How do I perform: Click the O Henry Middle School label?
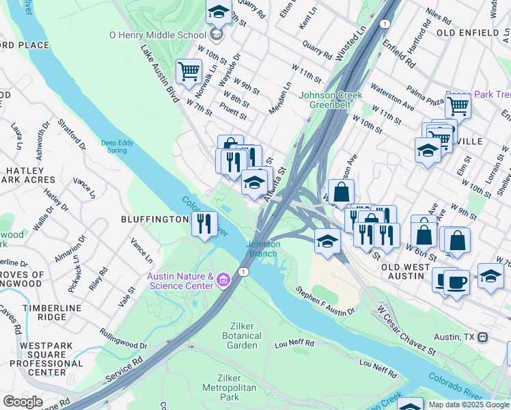click(157, 34)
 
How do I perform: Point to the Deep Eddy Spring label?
click(119, 146)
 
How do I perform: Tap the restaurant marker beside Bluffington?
click(204, 223)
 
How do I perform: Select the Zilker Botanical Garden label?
click(242, 340)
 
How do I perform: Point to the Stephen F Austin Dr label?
click(325, 301)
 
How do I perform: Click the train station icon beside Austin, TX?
click(482, 337)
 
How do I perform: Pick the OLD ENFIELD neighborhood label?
click(467, 32)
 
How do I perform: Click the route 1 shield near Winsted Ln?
click(385, 24)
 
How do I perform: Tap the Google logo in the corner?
click(23, 402)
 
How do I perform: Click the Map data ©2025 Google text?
click(468, 405)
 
